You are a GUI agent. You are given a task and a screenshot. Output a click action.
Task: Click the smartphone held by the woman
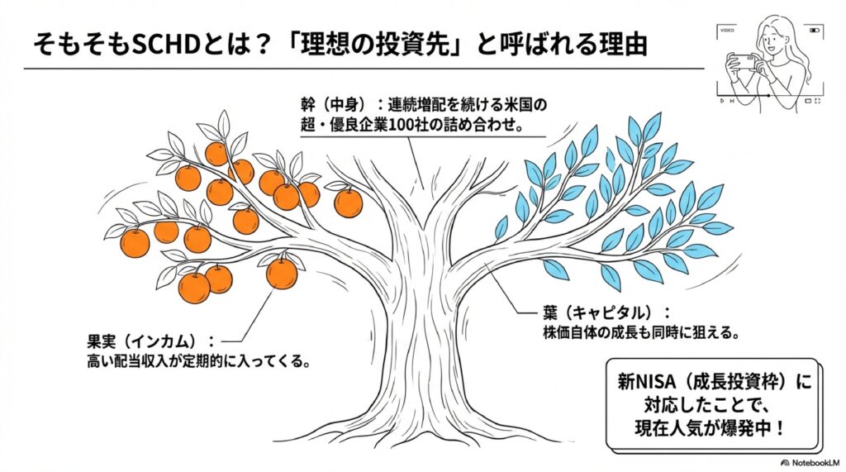(x=743, y=61)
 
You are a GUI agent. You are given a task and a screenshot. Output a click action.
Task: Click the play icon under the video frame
(x=721, y=101)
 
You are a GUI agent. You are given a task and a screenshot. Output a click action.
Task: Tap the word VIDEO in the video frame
(x=727, y=30)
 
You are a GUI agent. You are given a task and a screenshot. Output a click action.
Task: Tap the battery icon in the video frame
(x=815, y=30)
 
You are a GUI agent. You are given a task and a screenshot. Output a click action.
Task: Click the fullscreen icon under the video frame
(x=818, y=101)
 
